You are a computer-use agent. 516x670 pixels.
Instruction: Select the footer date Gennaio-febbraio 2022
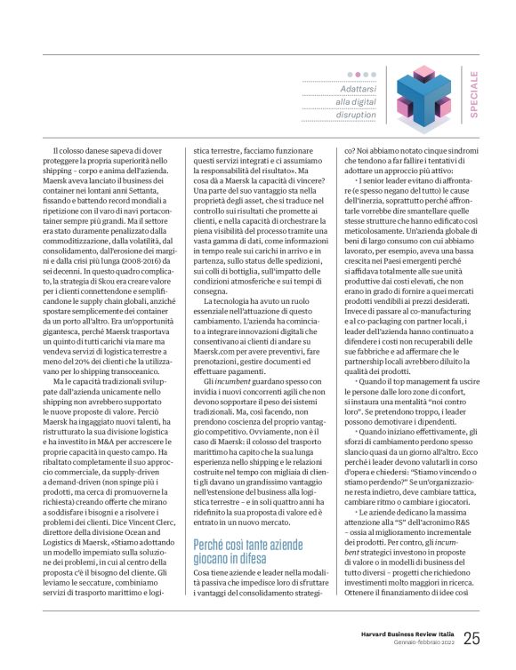(x=422, y=643)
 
